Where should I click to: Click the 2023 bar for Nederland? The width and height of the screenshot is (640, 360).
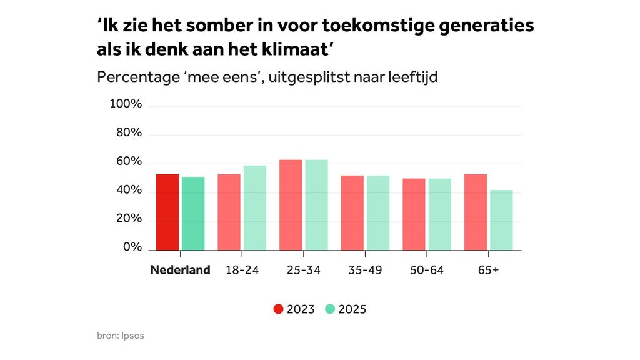click(167, 212)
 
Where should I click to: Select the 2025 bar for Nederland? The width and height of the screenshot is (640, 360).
click(193, 214)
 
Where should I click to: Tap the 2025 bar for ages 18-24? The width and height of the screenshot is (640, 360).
click(255, 208)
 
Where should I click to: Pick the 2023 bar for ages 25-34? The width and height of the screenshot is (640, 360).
click(291, 205)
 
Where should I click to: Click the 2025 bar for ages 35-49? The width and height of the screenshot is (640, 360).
click(378, 213)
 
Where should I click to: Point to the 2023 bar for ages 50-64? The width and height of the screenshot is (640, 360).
click(414, 214)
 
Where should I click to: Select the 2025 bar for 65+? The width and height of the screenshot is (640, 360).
click(501, 220)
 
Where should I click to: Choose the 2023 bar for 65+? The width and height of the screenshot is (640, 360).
click(476, 212)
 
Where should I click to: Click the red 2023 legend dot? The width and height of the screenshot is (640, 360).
click(279, 309)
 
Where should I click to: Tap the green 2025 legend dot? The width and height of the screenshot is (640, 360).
click(331, 309)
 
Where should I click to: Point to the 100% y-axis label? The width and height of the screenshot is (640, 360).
click(126, 104)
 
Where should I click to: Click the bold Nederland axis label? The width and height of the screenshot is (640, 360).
click(180, 271)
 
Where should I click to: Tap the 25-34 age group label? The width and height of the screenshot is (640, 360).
click(303, 271)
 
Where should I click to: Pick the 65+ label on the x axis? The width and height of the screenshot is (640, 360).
click(488, 271)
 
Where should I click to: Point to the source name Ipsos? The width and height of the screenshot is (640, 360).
click(133, 336)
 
